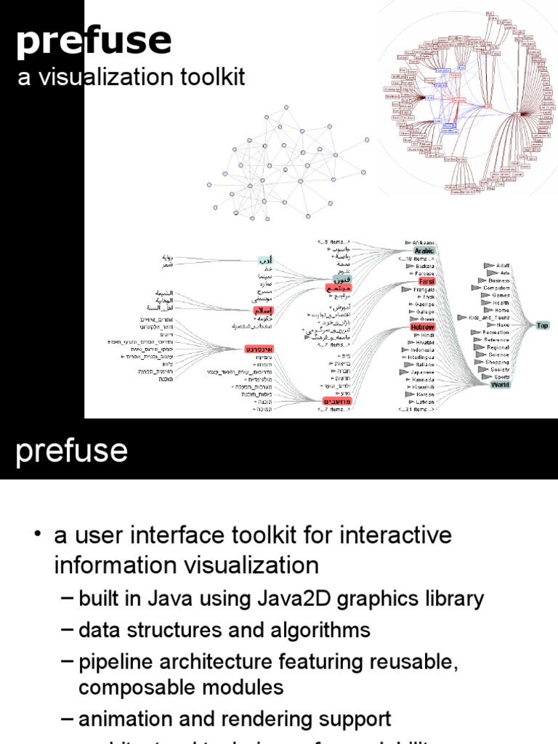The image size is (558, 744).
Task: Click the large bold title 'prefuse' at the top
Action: (x=94, y=41)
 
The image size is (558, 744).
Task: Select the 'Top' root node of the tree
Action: (x=542, y=325)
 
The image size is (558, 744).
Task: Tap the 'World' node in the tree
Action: (x=500, y=385)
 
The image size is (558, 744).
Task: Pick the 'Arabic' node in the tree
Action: (x=424, y=251)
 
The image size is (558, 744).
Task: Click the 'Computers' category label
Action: (x=496, y=288)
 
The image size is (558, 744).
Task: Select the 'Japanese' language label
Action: (x=421, y=372)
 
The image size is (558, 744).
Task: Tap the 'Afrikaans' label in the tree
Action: (x=424, y=242)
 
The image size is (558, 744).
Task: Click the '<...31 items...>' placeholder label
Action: (x=417, y=410)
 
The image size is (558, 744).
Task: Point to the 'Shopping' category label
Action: (x=498, y=362)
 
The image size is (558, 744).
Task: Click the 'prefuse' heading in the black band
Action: (x=72, y=451)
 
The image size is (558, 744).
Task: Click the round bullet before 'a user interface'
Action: (x=37, y=536)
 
